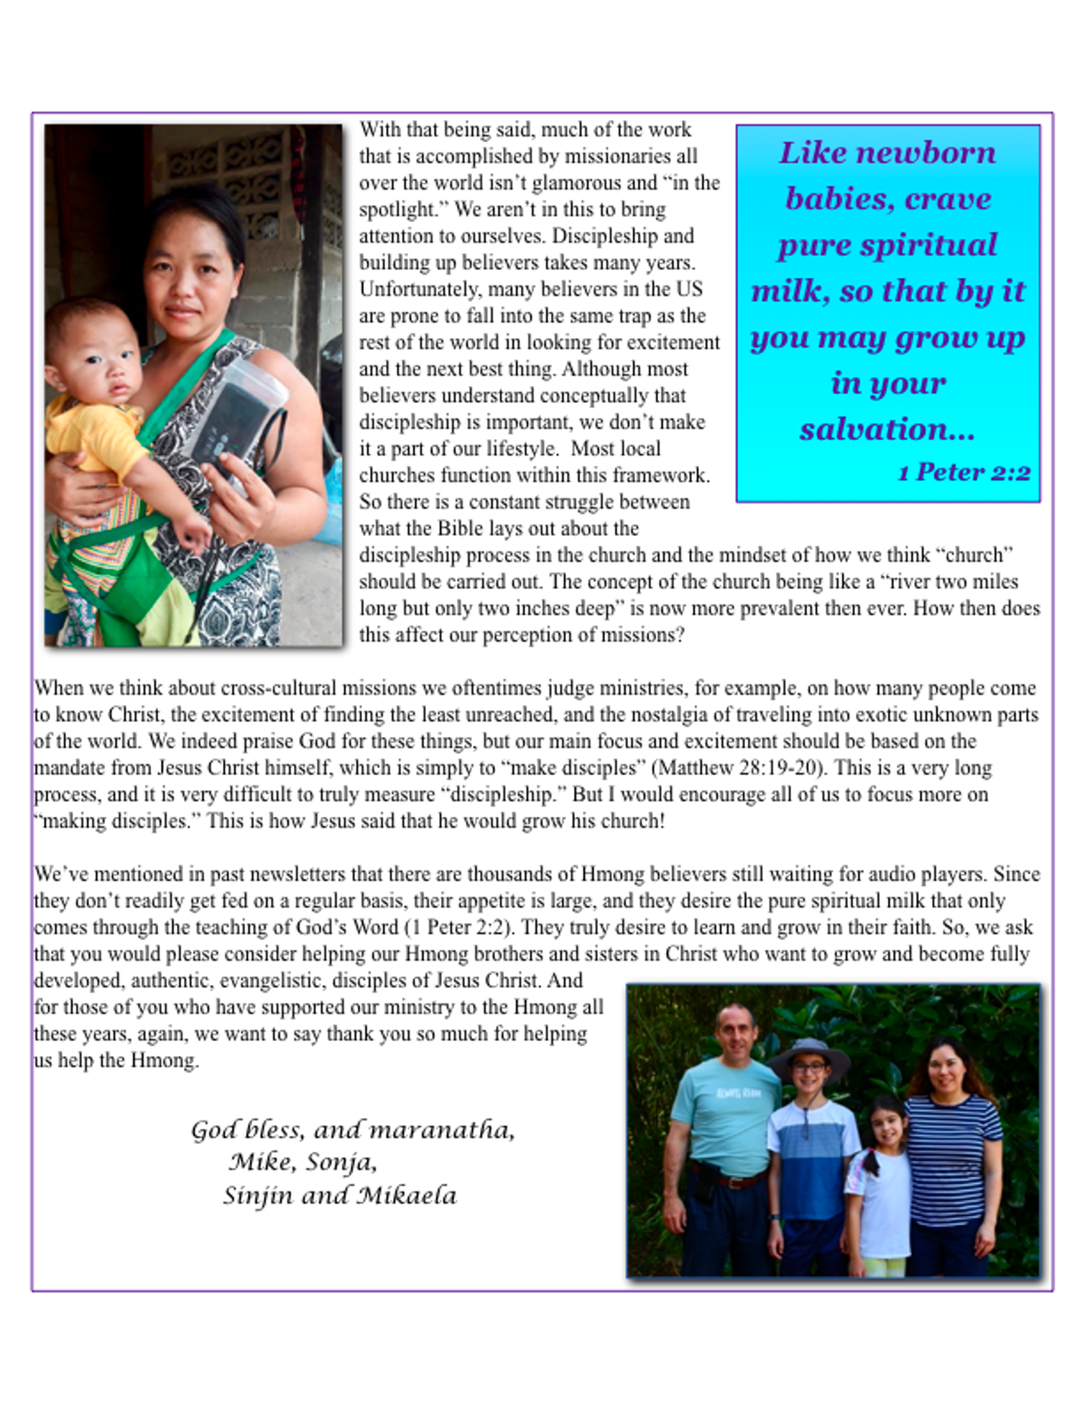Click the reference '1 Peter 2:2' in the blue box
(x=964, y=472)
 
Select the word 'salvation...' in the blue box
(x=887, y=429)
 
